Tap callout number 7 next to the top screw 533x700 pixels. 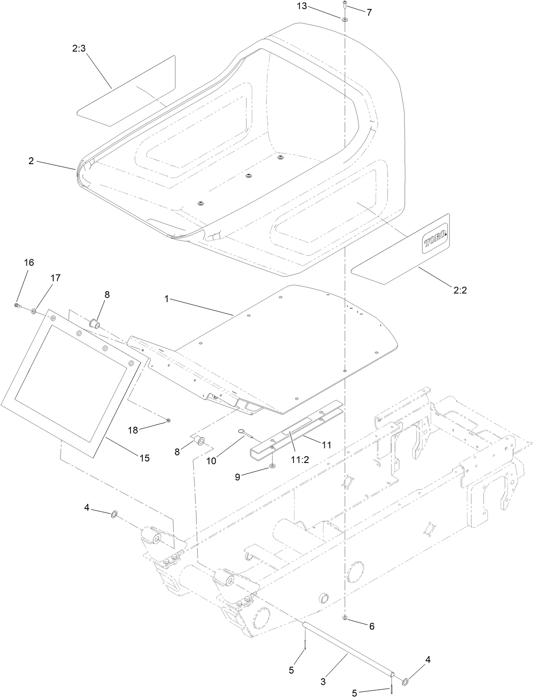pyautogui.click(x=369, y=12)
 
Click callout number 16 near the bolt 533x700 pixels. pyautogui.click(x=29, y=263)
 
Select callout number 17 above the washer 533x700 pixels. pyautogui.click(x=55, y=278)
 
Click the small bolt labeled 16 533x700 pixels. pyautogui.click(x=17, y=305)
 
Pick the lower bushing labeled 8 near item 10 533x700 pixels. pyautogui.click(x=199, y=440)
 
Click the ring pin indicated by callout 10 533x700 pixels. pyautogui.click(x=241, y=431)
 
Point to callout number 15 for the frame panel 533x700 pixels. pyautogui.click(x=144, y=458)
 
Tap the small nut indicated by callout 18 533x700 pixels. pyautogui.click(x=168, y=420)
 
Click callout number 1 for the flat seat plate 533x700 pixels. pyautogui.click(x=167, y=299)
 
